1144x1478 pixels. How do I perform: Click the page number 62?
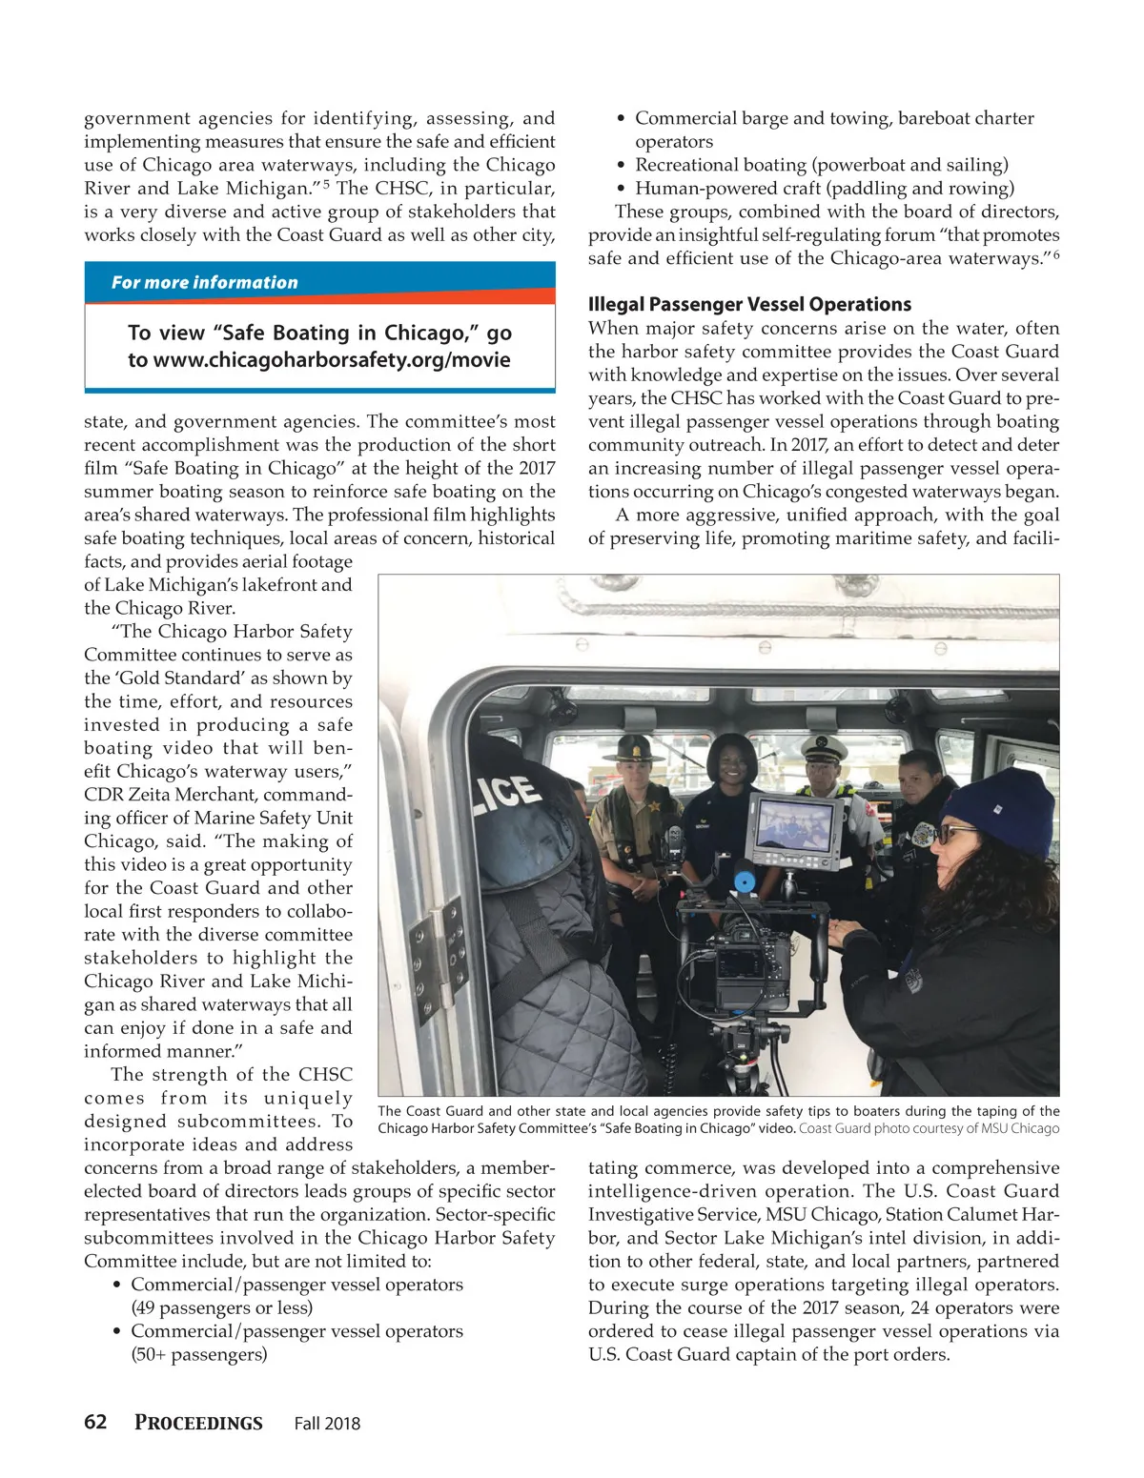[x=95, y=1422]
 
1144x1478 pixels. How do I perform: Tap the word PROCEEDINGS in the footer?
[x=198, y=1423]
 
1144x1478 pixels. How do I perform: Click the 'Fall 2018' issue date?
[x=327, y=1424]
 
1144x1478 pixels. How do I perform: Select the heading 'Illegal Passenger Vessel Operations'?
[x=749, y=305]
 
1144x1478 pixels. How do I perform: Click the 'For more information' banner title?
[x=204, y=283]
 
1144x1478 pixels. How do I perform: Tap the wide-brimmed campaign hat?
[x=634, y=745]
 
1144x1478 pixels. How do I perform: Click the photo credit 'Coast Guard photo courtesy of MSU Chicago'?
[x=929, y=1129]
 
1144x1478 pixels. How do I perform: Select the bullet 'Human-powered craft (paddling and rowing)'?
[x=825, y=189]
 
